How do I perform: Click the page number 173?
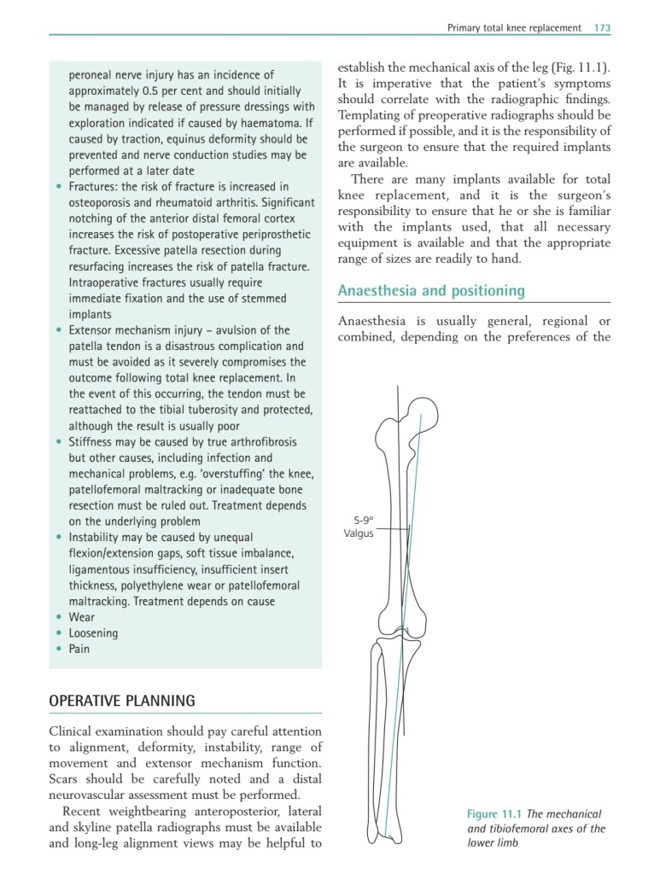coord(601,28)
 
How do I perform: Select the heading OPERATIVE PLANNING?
coord(122,702)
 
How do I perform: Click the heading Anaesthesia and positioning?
coord(431,291)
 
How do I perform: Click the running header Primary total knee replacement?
coord(514,28)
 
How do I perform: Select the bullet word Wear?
coord(82,617)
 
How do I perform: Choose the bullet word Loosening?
coord(93,633)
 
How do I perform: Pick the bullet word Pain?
coord(79,649)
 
